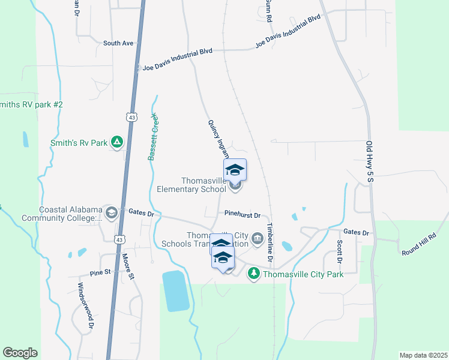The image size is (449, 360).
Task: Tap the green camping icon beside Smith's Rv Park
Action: [x=118, y=142]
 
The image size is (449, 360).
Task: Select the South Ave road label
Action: [x=118, y=43]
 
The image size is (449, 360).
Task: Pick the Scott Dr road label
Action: [x=339, y=252]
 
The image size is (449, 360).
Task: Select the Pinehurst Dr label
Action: [x=242, y=214]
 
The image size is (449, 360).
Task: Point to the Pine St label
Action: [x=101, y=272]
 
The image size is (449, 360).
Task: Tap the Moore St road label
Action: [x=127, y=267]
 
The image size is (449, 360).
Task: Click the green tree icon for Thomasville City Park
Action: [x=254, y=274]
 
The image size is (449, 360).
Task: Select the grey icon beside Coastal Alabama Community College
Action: [x=111, y=212]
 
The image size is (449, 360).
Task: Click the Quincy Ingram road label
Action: [x=218, y=139]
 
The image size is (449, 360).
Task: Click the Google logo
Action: [x=20, y=353]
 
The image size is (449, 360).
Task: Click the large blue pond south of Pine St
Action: [x=175, y=291]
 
